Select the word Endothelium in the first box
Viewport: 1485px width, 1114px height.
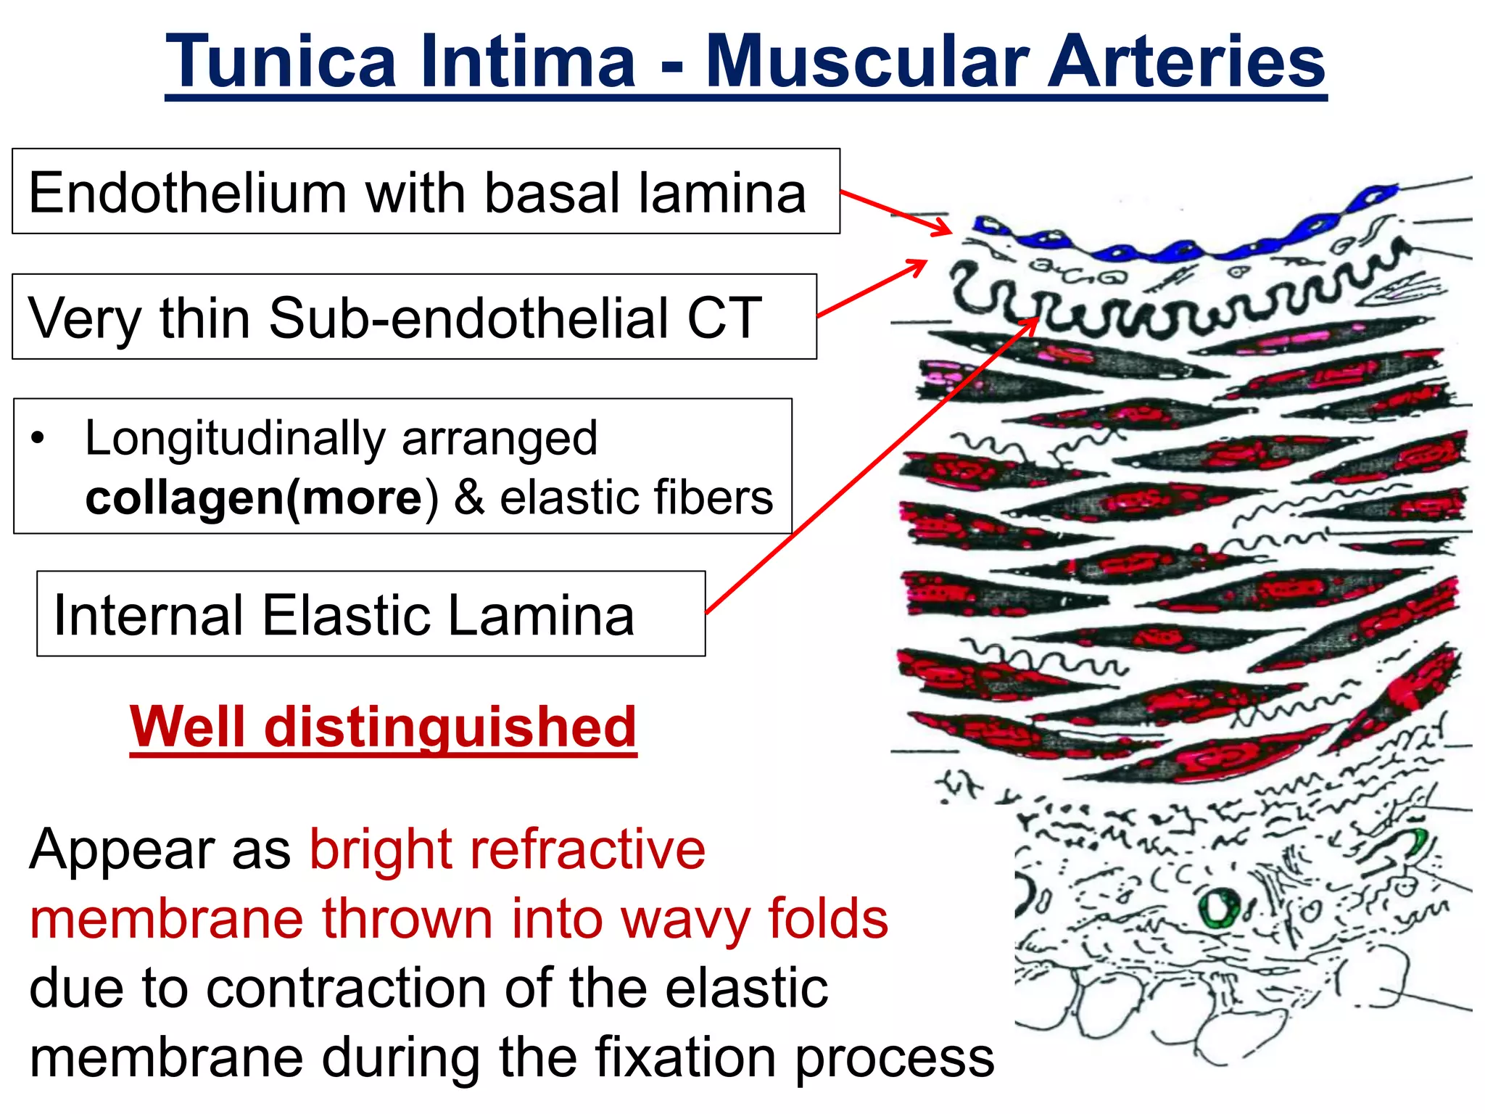point(187,194)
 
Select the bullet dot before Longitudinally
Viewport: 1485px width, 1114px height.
point(38,438)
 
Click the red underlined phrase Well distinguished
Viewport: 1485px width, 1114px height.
point(383,727)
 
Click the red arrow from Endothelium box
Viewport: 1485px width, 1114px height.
point(895,213)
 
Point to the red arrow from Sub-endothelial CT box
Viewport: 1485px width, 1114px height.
point(870,289)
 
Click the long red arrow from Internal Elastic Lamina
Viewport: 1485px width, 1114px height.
point(870,468)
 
